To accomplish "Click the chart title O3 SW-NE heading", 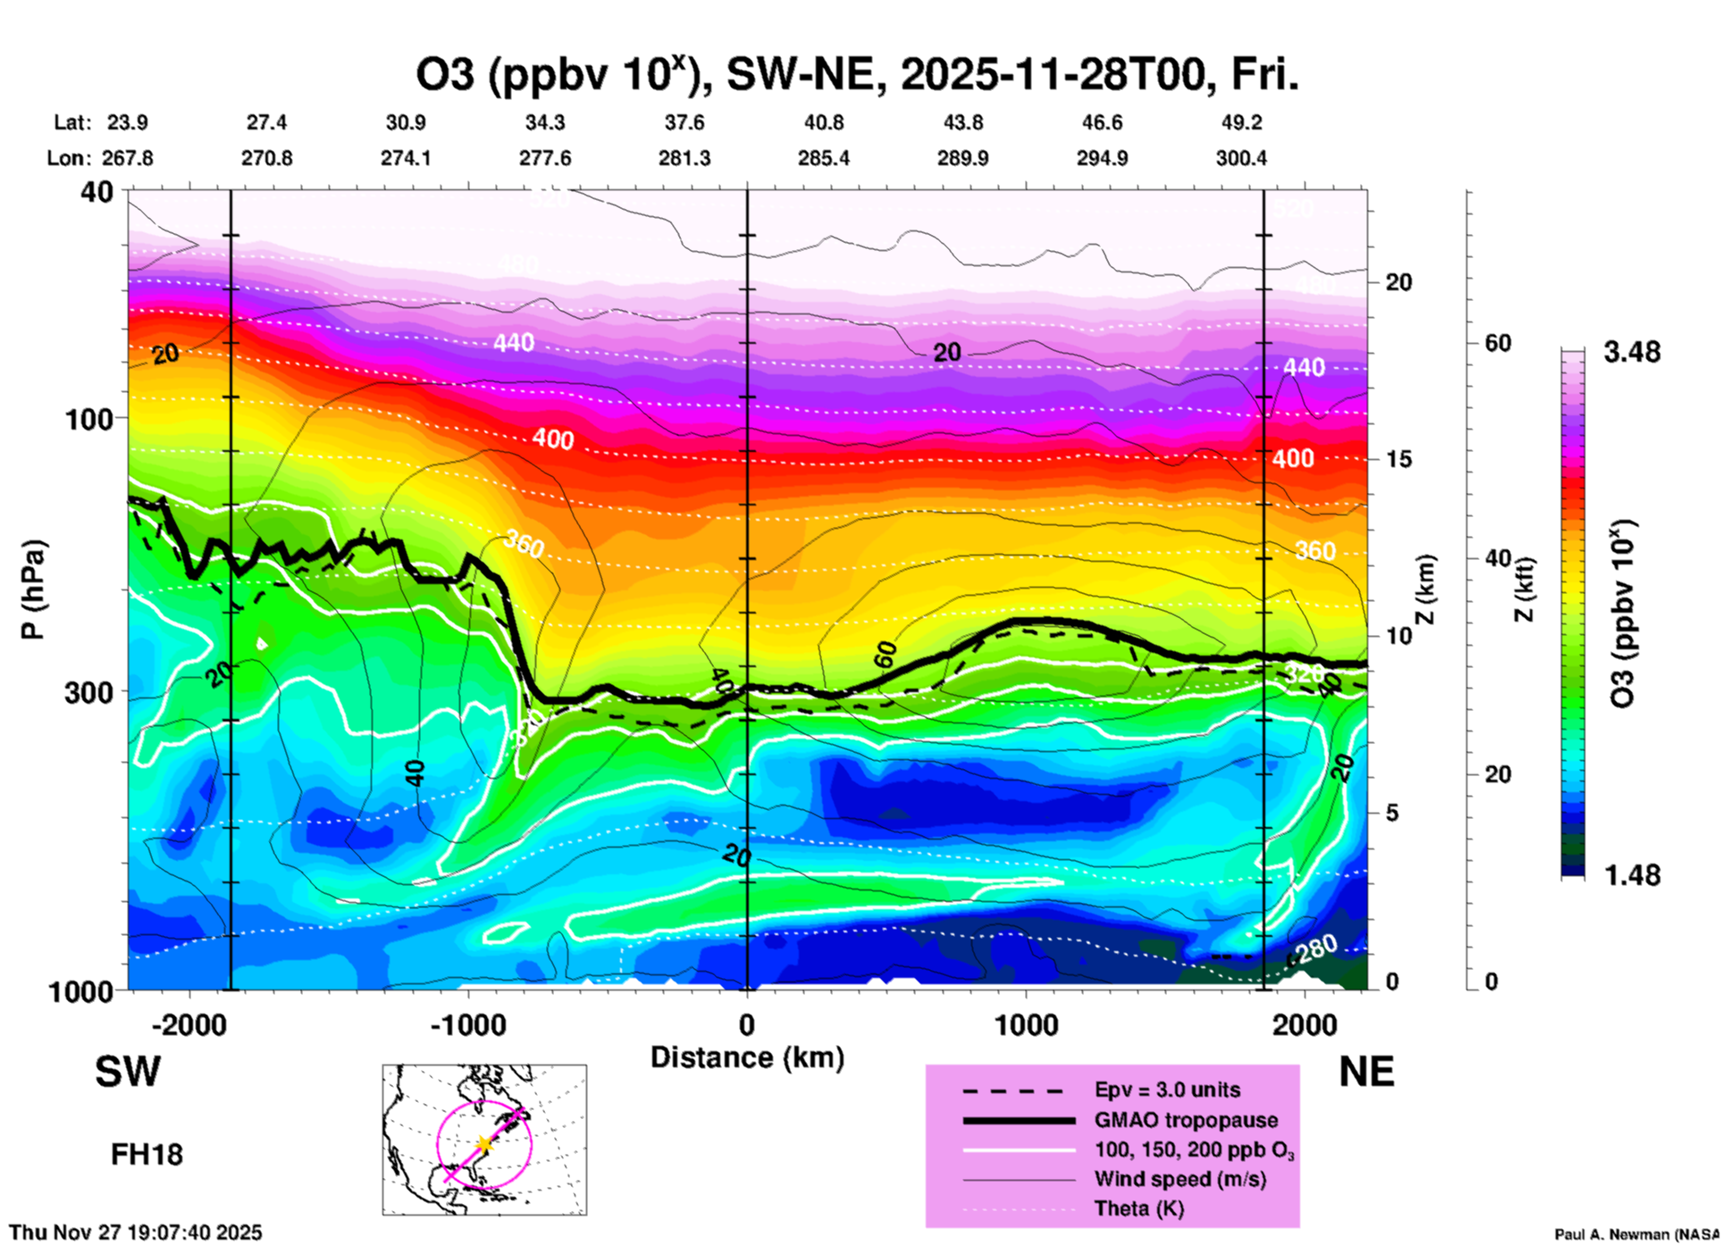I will pos(856,75).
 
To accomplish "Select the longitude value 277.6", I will pos(544,158).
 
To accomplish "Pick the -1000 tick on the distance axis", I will pos(467,1024).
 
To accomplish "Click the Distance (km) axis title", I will pos(747,1057).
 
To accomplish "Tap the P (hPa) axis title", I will pos(33,589).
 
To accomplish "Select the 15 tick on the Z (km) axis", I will pos(1398,459).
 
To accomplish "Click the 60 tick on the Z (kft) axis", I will pos(1498,343).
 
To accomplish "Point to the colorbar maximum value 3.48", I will pos(1632,352).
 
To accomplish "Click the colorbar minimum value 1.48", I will pos(1632,875).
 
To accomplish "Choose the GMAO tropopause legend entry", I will pos(1186,1120).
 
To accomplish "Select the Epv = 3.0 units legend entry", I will pos(1167,1090).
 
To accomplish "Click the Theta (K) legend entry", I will pos(1139,1208).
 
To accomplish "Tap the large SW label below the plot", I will pos(128,1072).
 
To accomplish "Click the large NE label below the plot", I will pos(1366,1072).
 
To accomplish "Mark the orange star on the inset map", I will pos(484,1143).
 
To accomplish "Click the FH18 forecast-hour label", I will pos(147,1155).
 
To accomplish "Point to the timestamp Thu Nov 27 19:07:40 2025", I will pos(136,1232).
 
